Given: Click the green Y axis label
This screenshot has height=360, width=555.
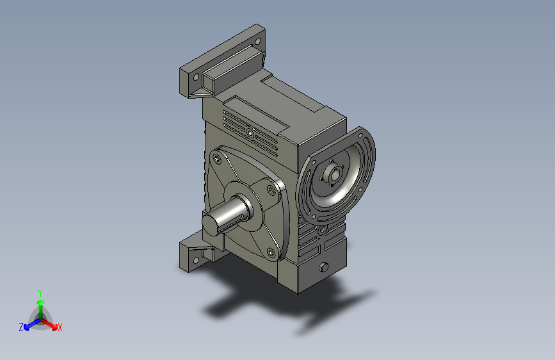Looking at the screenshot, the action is tap(40, 293).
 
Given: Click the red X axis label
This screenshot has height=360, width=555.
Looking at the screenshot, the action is tap(60, 327).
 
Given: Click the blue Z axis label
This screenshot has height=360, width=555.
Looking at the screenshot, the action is tap(21, 327).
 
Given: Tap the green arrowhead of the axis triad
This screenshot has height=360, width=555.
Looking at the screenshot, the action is tap(41, 302).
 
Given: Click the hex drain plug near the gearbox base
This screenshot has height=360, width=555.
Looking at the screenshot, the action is tap(323, 267).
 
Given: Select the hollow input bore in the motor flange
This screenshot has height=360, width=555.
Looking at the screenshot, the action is tap(335, 174).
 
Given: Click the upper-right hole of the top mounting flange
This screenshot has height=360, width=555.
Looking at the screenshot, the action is tap(258, 42).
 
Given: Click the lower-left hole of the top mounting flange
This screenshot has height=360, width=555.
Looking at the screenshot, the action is tap(196, 78).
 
